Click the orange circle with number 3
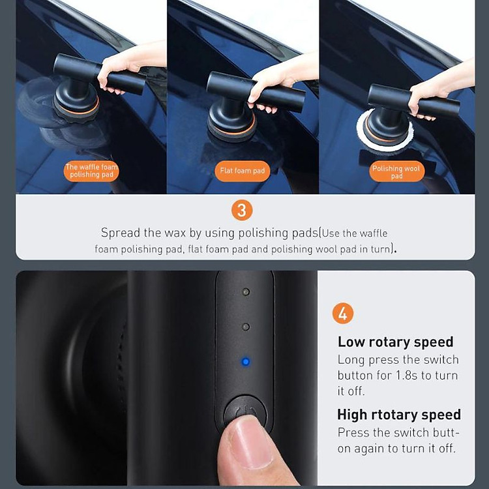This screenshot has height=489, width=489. (242, 211)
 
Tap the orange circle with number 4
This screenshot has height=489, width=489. (343, 314)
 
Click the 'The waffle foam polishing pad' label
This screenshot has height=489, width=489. (91, 171)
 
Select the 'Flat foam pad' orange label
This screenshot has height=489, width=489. (243, 171)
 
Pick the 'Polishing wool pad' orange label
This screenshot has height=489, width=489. (396, 171)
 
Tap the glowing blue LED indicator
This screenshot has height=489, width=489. (246, 362)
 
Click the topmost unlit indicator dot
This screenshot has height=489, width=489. (246, 292)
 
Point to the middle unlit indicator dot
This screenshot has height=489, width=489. (246, 327)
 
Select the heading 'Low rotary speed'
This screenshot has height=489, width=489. (396, 342)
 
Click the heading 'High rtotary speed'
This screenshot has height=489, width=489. (399, 415)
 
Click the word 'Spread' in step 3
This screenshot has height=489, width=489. (121, 233)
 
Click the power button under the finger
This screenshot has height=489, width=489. (246, 411)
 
